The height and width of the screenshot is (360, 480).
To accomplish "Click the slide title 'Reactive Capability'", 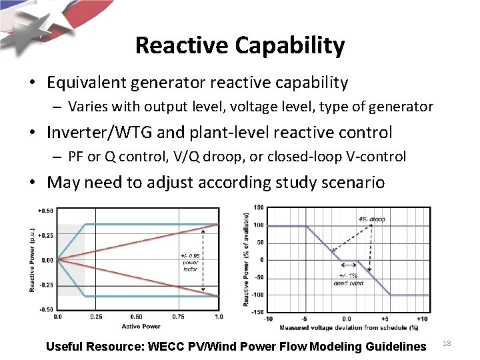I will click(x=239, y=46).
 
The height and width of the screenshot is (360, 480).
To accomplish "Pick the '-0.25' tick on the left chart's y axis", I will click(x=46, y=285).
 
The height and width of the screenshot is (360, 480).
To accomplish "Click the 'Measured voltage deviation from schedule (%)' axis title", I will click(x=349, y=327).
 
